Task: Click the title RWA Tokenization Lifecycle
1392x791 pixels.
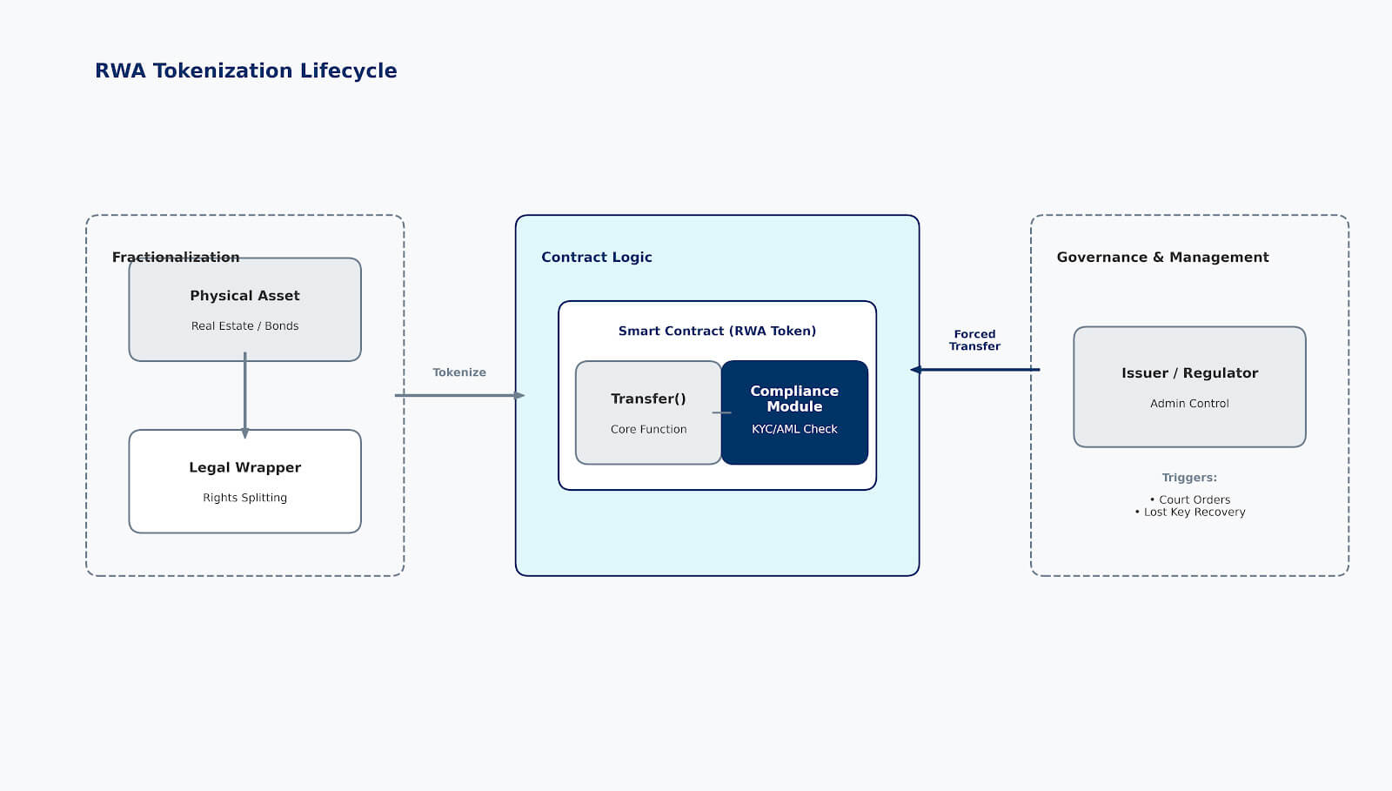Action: coord(245,70)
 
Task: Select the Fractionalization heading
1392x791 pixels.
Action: coord(175,257)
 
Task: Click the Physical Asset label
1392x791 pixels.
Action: coord(244,296)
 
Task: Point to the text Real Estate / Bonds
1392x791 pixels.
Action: coord(244,325)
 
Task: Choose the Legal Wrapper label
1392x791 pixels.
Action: coord(244,467)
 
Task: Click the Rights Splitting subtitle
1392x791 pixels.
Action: coord(244,498)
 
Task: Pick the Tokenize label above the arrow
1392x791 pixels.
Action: coord(458,372)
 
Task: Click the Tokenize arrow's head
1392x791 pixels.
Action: coord(519,396)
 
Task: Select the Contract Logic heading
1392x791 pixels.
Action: coord(596,257)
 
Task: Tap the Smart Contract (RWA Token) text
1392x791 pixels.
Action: coord(717,331)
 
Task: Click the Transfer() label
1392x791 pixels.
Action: coord(648,399)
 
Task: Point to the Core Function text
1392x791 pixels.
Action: coord(648,429)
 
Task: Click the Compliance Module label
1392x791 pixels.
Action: coord(794,399)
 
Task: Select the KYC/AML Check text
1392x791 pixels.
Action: coord(794,429)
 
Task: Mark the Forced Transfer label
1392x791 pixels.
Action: coord(974,340)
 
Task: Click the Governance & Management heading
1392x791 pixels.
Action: coord(1162,257)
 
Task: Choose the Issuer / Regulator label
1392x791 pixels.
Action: coord(1189,373)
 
